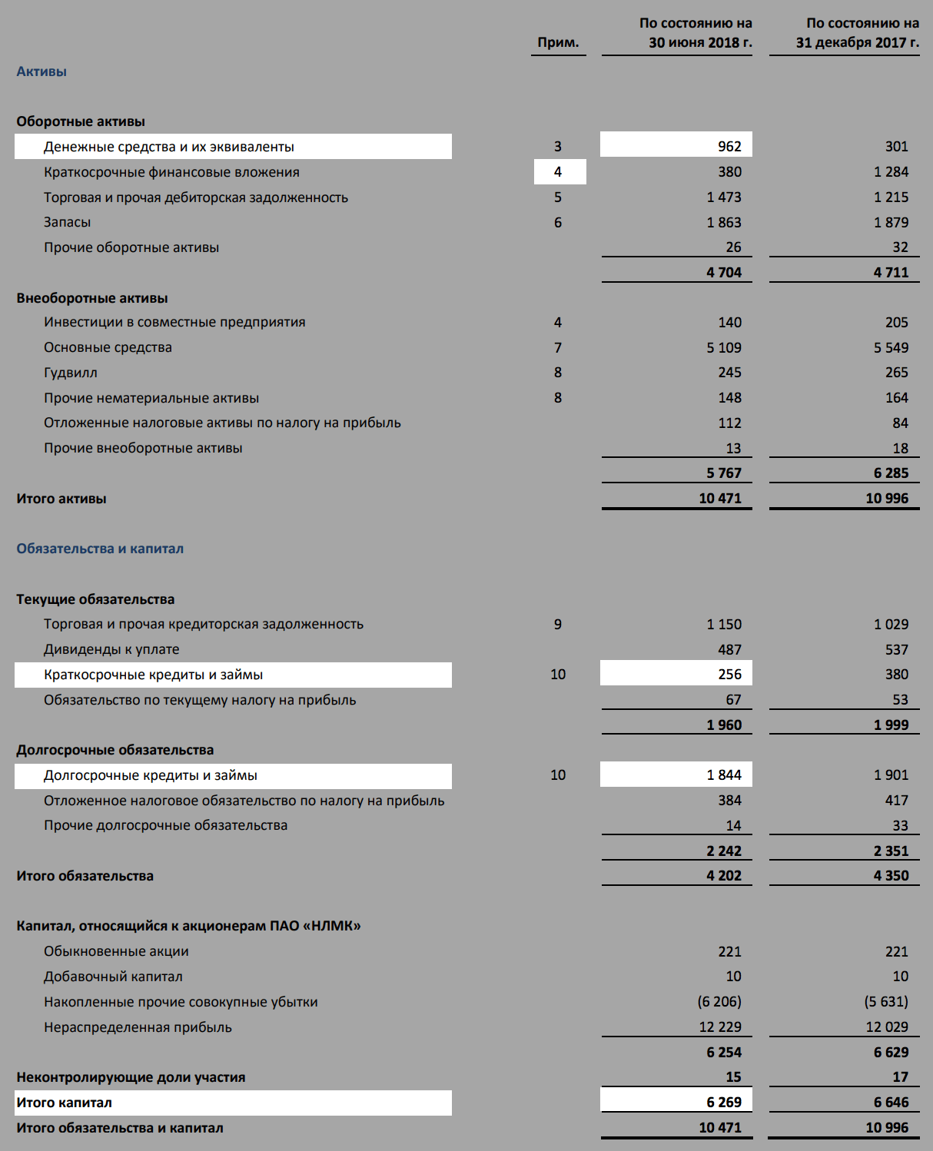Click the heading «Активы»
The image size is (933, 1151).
point(42,71)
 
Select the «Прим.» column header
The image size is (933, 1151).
point(558,42)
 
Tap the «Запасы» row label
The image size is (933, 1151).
point(68,222)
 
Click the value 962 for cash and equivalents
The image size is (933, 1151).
point(729,146)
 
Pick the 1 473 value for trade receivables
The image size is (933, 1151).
point(724,197)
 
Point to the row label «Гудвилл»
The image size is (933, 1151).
point(71,373)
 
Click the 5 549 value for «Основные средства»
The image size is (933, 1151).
point(891,347)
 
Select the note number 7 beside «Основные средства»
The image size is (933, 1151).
point(558,347)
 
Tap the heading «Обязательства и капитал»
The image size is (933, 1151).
point(100,549)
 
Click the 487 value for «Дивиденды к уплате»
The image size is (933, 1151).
point(729,649)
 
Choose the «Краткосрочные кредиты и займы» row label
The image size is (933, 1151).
point(154,675)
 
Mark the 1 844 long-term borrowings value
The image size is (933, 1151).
point(724,775)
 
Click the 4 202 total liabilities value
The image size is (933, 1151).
point(724,875)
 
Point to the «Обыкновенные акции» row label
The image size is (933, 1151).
point(116,951)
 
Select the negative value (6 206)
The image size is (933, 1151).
point(719,1001)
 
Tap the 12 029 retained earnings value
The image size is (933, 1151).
point(887,1027)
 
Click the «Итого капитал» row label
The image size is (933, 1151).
point(65,1103)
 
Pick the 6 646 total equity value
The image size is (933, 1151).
point(891,1102)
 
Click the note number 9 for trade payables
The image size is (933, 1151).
point(558,624)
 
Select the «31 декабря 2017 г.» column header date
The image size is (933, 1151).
point(857,42)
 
